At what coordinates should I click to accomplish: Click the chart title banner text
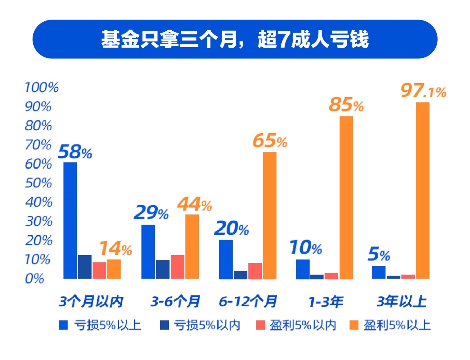click(235, 39)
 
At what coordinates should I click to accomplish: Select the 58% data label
click(75, 152)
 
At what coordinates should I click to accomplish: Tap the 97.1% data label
click(423, 91)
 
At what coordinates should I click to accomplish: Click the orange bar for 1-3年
click(346, 197)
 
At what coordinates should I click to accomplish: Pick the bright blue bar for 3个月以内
click(70, 220)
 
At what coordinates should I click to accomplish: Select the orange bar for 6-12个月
click(270, 215)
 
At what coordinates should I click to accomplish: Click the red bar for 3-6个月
click(177, 267)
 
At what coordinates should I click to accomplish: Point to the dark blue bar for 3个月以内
click(85, 267)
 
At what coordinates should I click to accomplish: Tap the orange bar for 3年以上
click(422, 190)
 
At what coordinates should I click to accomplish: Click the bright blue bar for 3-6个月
click(148, 252)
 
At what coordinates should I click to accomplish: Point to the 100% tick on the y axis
click(41, 87)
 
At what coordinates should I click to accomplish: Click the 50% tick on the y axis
click(39, 183)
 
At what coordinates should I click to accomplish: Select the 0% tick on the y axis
click(34, 279)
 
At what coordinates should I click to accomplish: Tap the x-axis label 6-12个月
click(248, 301)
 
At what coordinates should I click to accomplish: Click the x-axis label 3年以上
click(401, 301)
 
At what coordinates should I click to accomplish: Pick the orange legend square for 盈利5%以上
click(354, 325)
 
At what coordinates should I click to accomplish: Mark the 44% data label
click(194, 205)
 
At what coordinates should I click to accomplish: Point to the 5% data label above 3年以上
click(379, 254)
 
